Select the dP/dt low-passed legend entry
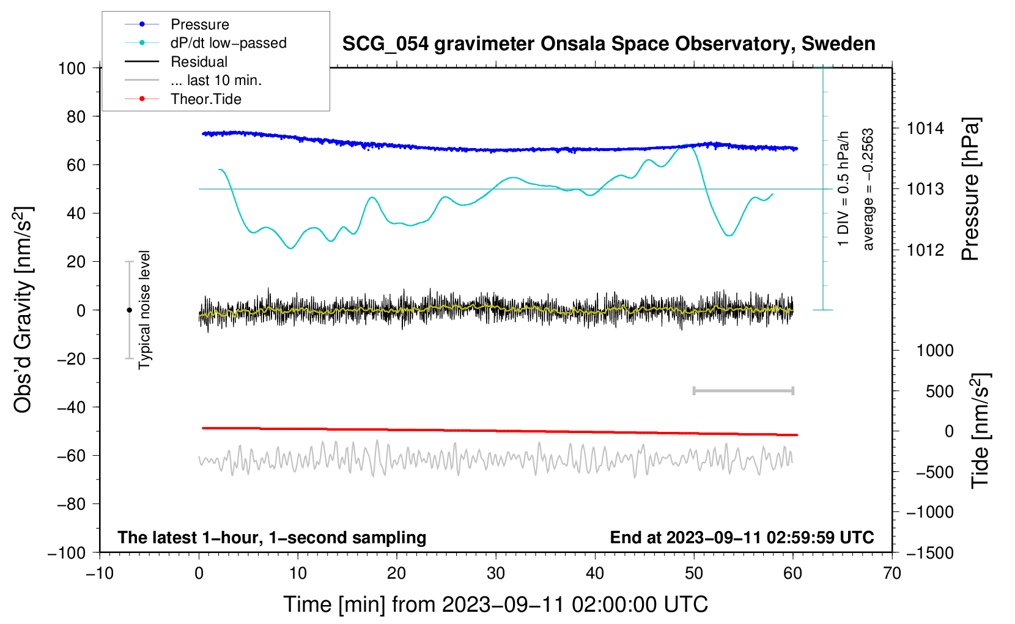coord(228,43)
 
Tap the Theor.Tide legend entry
coord(205,99)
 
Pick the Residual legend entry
coord(199,62)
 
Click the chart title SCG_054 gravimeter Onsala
coord(608,44)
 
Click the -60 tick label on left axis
coord(71,456)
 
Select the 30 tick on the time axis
coord(496,573)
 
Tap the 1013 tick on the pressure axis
coord(925,189)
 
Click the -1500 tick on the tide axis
coord(930,553)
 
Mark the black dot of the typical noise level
coord(129,310)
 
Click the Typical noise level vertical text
coord(144,310)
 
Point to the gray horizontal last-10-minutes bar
coord(743,390)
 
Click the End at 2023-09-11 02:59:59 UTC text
coord(742,537)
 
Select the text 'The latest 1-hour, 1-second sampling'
coord(271,537)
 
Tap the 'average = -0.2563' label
coord(868,189)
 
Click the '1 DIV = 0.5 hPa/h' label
coord(844,188)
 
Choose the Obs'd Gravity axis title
coord(23,310)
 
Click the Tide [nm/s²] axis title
coord(980,430)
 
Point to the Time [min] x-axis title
coord(495,604)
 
